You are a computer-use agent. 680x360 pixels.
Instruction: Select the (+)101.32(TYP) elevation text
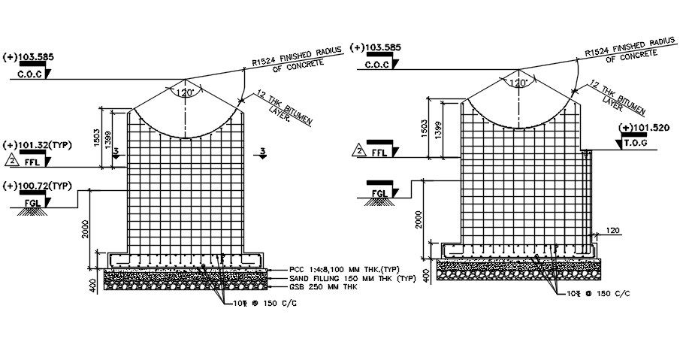[x=38, y=144]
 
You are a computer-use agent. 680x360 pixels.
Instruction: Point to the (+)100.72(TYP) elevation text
[x=38, y=185]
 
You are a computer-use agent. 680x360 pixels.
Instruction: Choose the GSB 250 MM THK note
[x=324, y=286]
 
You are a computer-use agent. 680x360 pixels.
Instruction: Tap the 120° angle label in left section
[x=185, y=92]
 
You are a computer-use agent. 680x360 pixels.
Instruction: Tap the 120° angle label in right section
[x=518, y=83]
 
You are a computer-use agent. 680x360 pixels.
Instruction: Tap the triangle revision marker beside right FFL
[x=358, y=152]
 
